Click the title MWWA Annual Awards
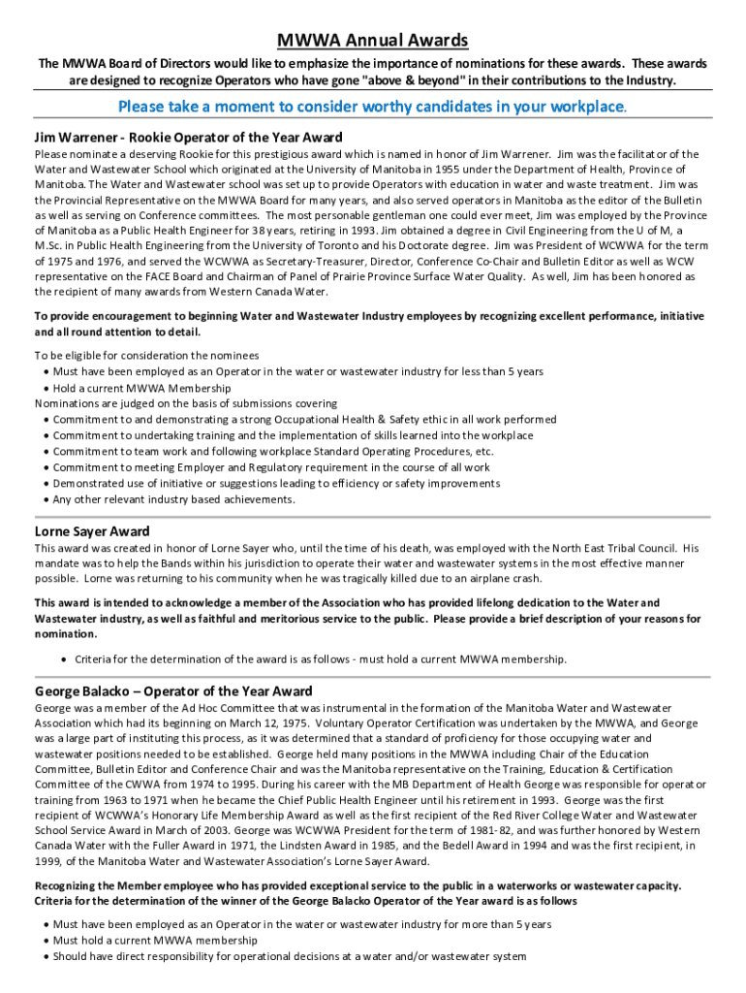pos(373,40)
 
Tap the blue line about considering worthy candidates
pos(372,106)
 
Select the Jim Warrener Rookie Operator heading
pos(189,137)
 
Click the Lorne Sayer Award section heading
pos(92,531)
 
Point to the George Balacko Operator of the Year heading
pos(173,691)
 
